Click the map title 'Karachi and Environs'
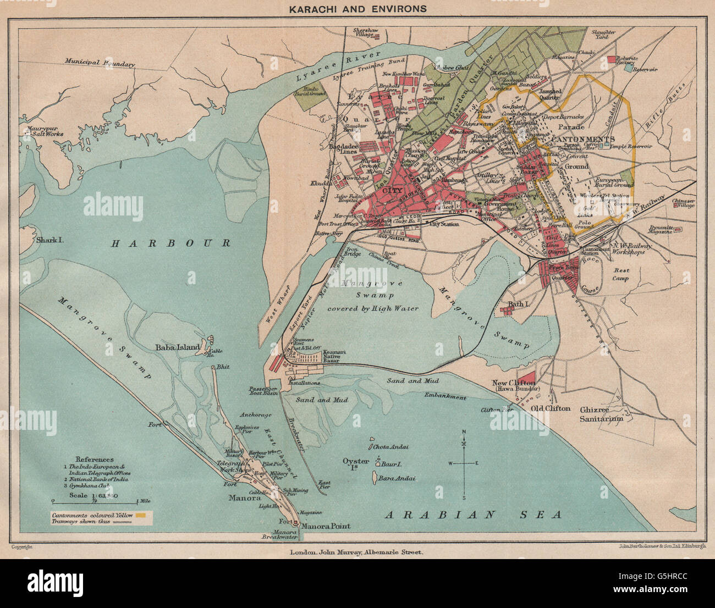point(357,9)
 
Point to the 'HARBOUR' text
point(170,242)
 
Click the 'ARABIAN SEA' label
point(472,515)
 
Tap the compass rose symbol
point(464,463)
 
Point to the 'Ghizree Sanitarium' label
point(602,413)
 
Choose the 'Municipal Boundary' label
point(99,63)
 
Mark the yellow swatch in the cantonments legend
point(142,516)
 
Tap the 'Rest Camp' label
point(621,274)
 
